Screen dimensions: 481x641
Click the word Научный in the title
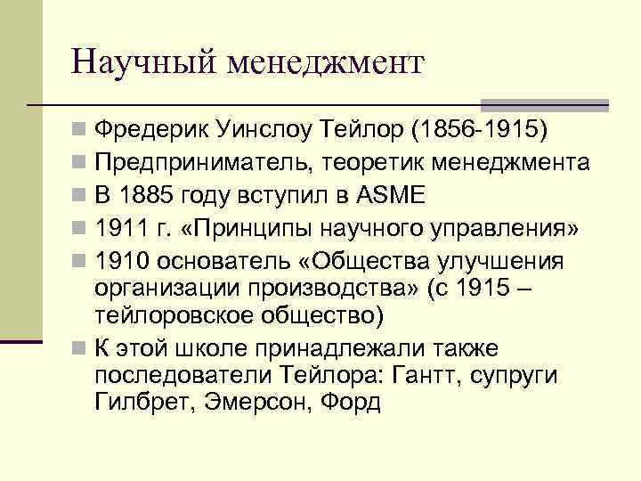[x=144, y=63]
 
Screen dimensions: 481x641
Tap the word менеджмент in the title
[x=327, y=63]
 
